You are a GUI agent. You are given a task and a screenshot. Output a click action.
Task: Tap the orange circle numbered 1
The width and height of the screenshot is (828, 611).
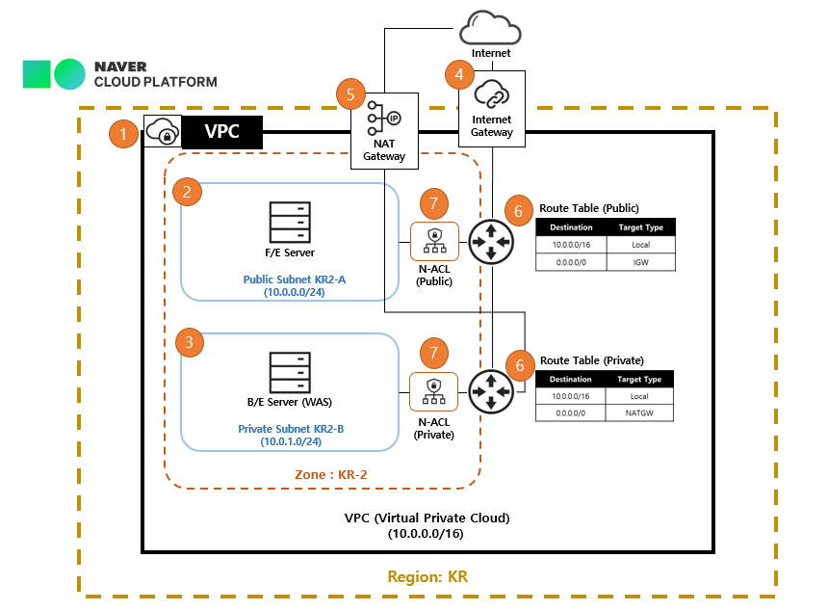123,133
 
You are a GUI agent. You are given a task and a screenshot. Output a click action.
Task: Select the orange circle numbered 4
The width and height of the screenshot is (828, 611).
459,74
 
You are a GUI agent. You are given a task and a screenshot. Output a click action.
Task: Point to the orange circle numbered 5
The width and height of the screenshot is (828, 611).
350,94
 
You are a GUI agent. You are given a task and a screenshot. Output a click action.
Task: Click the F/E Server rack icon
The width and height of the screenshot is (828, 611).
290,223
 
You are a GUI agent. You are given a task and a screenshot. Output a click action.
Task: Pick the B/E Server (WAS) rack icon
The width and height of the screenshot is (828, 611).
290,371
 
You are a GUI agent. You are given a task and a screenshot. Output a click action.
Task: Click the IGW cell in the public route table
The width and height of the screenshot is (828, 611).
640,261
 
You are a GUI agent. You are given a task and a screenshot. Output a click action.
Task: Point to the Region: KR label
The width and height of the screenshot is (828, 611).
427,576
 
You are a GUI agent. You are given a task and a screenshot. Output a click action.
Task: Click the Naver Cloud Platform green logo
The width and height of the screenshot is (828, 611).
54,73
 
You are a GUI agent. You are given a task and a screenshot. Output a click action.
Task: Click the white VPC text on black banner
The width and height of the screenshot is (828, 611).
222,131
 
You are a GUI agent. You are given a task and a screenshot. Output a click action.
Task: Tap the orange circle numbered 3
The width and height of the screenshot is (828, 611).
190,342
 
